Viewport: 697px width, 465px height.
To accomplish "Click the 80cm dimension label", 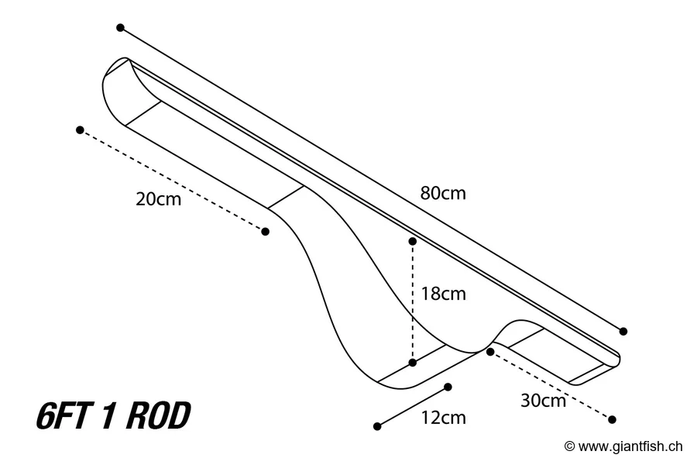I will point(443,193).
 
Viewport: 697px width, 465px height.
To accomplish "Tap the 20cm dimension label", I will point(158,199).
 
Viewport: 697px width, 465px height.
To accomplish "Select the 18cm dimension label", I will point(443,294).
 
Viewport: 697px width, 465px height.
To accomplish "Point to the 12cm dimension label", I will point(443,418).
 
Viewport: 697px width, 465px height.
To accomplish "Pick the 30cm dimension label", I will point(543,401).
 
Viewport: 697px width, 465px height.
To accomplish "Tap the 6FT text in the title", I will point(63,417).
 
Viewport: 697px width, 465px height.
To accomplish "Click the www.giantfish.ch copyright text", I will point(630,446).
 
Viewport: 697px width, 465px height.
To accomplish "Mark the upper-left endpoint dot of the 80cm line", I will point(120,27).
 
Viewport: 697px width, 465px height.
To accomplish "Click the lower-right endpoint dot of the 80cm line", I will point(623,331).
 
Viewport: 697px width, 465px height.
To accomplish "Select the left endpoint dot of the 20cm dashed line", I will point(80,129).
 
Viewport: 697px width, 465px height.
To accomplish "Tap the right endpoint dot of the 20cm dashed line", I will point(266,231).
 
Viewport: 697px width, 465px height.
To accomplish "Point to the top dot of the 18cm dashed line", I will point(413,242).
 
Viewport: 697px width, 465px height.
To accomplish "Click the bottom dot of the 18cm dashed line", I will point(413,362).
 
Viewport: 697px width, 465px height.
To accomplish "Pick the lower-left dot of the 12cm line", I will point(377,426).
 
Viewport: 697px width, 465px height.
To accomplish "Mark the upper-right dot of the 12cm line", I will point(448,386).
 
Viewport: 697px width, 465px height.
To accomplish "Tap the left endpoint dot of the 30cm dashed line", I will point(490,351).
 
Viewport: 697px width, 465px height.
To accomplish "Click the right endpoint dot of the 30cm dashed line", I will point(612,419).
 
